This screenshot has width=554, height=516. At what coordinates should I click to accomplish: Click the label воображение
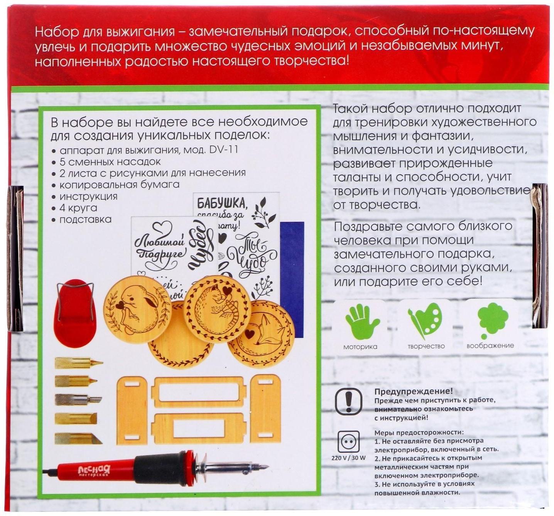(x=490, y=346)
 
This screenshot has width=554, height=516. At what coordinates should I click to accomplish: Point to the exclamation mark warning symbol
(x=349, y=401)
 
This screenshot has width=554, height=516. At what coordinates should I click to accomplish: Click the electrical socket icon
(x=348, y=441)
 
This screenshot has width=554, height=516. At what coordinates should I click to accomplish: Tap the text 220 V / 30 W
(x=348, y=458)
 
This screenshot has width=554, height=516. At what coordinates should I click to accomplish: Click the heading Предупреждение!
(x=413, y=391)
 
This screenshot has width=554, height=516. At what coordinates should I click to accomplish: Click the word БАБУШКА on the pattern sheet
(x=221, y=202)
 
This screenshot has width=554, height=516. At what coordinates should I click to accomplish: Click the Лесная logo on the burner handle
(x=94, y=470)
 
